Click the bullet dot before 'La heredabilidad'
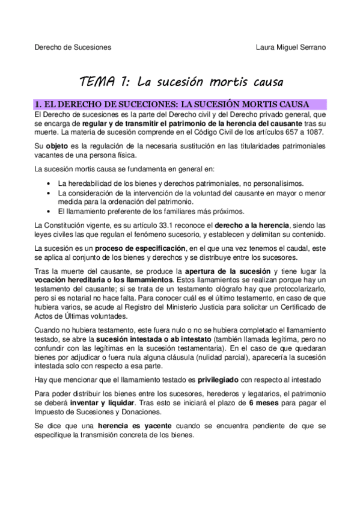click(x=48, y=183)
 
